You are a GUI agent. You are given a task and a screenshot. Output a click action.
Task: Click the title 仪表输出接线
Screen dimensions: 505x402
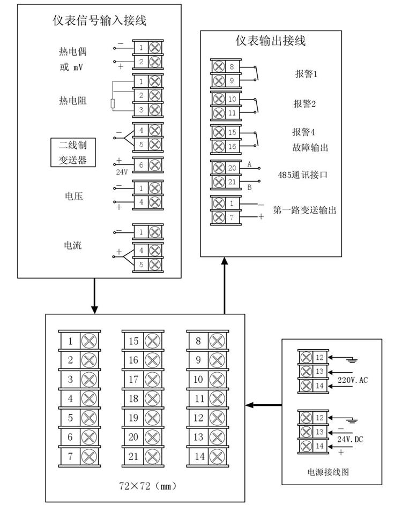271,41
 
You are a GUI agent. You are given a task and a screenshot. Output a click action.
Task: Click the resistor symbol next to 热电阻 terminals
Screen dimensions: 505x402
113,103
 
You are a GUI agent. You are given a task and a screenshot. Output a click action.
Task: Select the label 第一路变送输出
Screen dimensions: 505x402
304,210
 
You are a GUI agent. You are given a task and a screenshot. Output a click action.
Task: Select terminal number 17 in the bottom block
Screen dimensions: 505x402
133,379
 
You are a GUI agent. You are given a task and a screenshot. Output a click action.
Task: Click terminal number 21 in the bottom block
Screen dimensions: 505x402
133,456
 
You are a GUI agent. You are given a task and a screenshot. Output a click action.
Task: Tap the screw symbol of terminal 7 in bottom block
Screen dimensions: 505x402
88,456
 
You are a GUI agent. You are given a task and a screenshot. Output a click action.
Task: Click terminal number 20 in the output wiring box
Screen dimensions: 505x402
232,168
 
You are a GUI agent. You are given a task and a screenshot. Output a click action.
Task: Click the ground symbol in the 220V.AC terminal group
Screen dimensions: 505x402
351,360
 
